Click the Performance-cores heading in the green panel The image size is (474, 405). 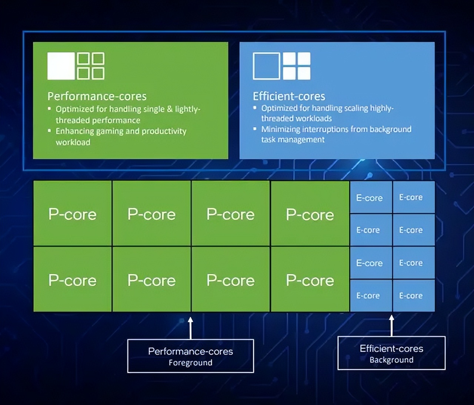97,96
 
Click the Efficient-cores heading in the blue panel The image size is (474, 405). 289,96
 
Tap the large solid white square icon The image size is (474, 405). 61,66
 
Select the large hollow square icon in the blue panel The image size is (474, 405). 266,66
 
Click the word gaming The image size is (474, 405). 110,131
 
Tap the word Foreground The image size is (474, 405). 190,363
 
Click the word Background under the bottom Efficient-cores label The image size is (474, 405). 391,360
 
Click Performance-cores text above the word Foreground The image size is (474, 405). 190,351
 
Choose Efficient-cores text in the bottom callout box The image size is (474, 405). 391,349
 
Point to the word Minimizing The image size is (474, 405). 280,129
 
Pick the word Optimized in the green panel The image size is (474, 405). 75,109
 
